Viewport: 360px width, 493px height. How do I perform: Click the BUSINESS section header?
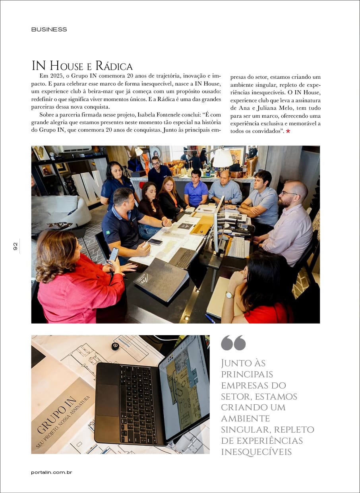point(49,29)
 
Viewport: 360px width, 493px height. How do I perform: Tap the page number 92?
point(15,246)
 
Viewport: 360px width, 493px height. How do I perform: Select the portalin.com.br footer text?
point(51,472)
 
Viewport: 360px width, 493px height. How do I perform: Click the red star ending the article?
point(288,132)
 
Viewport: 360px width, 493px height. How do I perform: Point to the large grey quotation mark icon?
point(233,343)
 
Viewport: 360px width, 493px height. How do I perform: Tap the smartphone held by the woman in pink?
point(114,254)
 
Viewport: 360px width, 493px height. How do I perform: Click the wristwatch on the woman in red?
point(229,295)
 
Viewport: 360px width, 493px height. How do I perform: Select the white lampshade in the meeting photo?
point(223,158)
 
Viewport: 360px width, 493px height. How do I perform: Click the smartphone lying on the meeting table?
point(155,242)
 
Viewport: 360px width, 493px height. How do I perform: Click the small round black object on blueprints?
point(115,346)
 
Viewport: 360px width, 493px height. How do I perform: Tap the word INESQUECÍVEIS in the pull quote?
point(256,452)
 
